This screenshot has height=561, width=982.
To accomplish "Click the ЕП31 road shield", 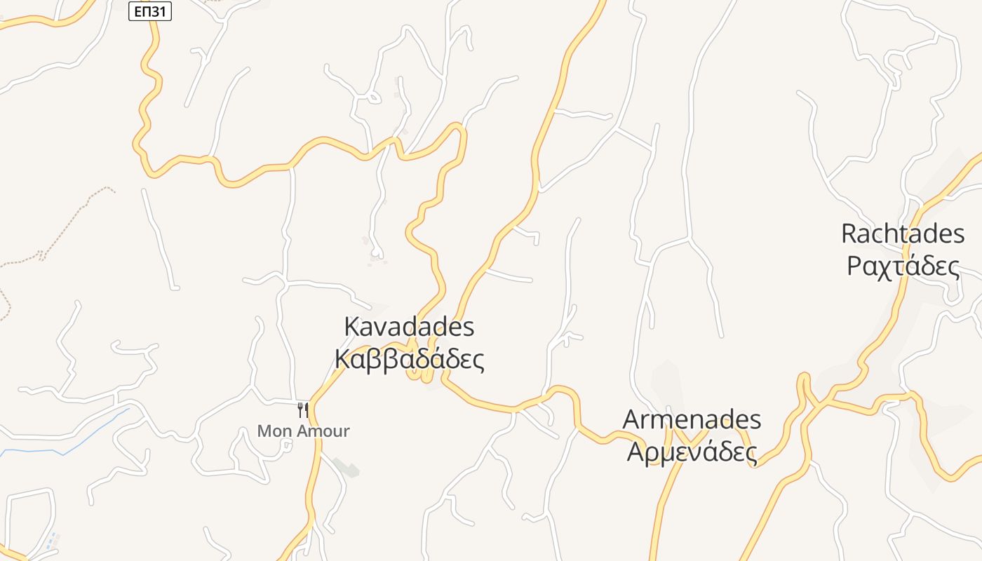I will (x=150, y=11).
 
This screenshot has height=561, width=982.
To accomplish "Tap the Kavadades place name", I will (x=409, y=327).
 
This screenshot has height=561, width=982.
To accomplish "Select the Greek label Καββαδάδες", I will (x=409, y=359).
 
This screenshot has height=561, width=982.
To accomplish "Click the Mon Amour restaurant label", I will (x=303, y=431).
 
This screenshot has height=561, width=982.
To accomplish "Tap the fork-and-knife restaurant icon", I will (x=303, y=410).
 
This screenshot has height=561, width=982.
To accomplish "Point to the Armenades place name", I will (x=692, y=419).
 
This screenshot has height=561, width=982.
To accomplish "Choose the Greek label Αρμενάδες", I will (x=692, y=452).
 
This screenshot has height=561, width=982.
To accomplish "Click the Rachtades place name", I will (x=903, y=234).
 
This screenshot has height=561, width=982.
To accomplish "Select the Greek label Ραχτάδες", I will (x=903, y=266).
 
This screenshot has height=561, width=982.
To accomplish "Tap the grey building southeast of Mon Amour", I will (x=347, y=467).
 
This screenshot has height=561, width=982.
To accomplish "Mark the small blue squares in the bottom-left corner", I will (x=51, y=541).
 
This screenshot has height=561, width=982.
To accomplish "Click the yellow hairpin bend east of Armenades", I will (x=804, y=383).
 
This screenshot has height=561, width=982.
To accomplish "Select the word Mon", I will (x=274, y=431).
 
